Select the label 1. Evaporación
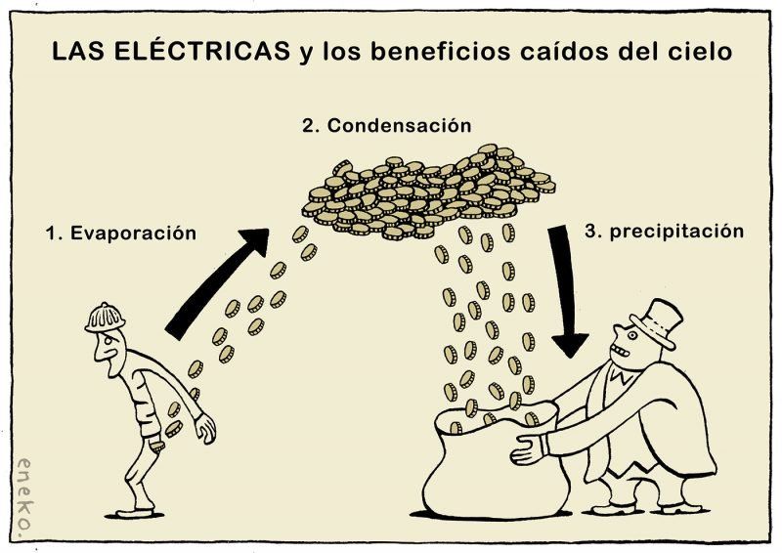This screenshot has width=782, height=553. click(x=121, y=234)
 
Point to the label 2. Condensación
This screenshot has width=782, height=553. click(x=386, y=126)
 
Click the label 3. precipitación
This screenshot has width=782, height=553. click(x=664, y=232)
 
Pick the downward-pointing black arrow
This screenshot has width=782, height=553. click(x=566, y=294)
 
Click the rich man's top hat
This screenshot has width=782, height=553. click(x=655, y=323)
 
